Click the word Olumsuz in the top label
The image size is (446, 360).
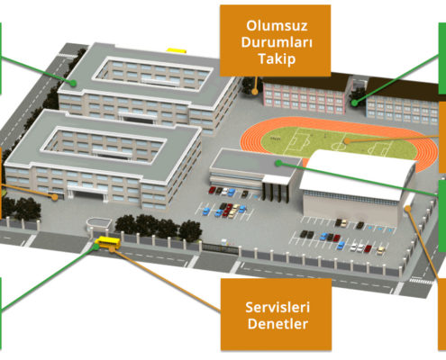(x=277, y=25)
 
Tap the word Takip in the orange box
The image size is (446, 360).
(x=277, y=58)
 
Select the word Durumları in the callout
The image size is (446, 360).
(x=277, y=42)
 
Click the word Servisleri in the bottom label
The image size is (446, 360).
(x=278, y=307)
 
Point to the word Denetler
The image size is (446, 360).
(x=278, y=324)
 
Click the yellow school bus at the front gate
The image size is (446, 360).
(x=108, y=242)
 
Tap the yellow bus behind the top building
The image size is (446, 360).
(x=177, y=50)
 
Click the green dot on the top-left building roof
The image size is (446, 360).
(x=73, y=83)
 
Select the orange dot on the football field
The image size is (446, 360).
(x=347, y=140)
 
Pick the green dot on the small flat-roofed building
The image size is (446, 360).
(x=278, y=163)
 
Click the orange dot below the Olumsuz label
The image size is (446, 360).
(x=255, y=92)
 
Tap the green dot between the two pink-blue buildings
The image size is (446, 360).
(x=355, y=103)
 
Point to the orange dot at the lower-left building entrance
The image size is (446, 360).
(x=54, y=197)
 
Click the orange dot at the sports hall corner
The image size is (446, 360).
(x=407, y=208)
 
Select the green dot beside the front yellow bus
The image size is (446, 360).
(x=96, y=247)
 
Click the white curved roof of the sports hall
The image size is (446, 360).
(x=358, y=175)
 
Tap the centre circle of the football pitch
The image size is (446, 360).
(x=339, y=147)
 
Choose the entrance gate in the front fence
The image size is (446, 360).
(x=220, y=248)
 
